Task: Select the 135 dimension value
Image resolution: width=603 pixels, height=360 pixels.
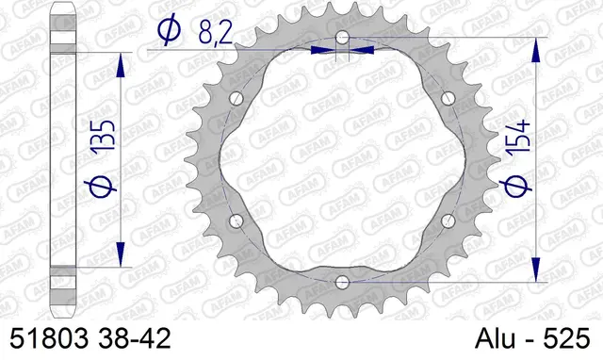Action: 106,139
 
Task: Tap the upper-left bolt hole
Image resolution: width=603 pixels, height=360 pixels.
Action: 236,99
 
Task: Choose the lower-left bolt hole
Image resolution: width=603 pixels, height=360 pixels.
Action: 236,221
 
